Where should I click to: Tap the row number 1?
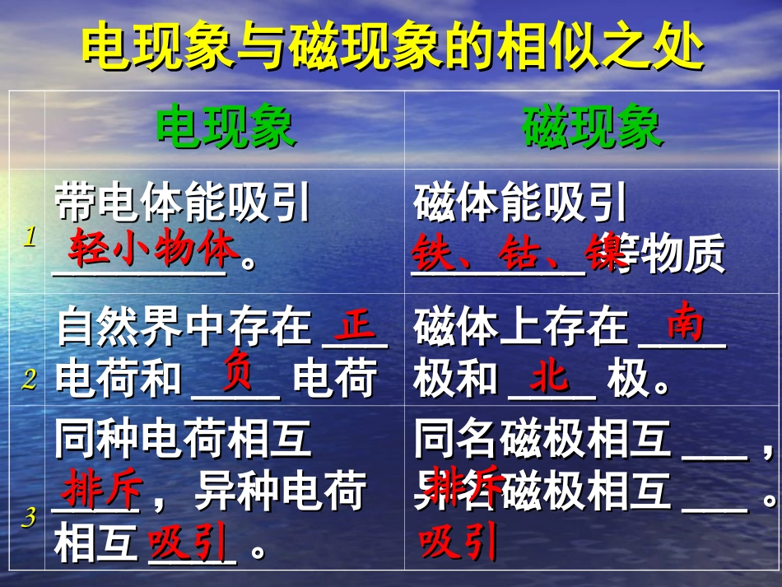[30, 238]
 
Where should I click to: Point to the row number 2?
[30, 380]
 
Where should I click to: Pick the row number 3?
[30, 517]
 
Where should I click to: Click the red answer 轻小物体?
[153, 249]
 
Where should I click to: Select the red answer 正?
[357, 326]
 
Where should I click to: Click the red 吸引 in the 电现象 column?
[187, 543]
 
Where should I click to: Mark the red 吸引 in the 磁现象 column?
[458, 543]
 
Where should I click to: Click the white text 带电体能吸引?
[183, 203]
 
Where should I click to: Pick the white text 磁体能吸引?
[520, 203]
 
